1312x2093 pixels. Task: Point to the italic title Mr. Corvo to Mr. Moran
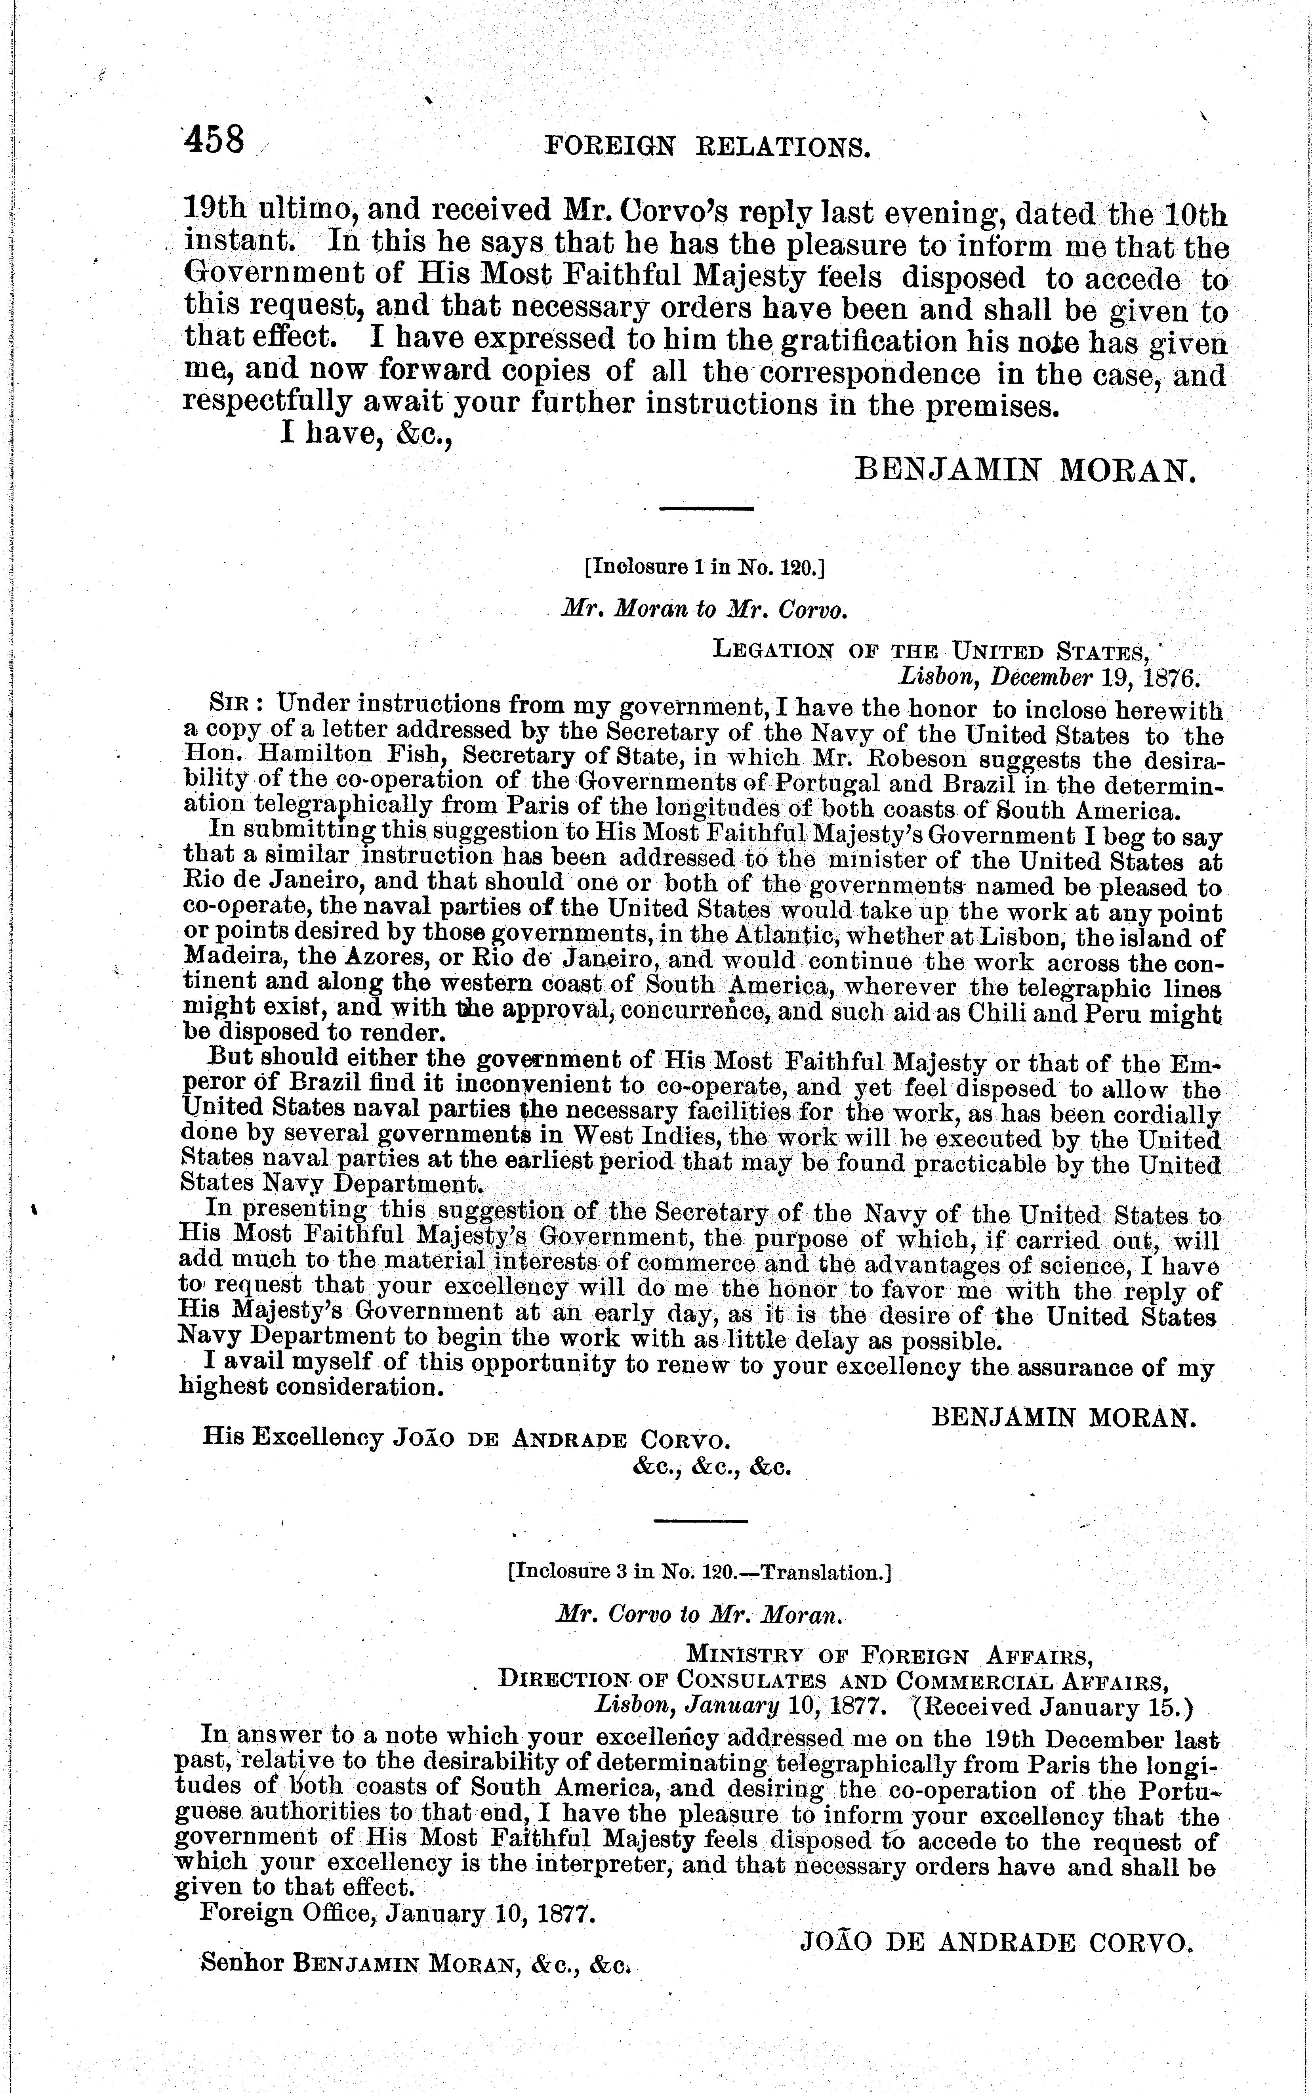(700, 1617)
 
